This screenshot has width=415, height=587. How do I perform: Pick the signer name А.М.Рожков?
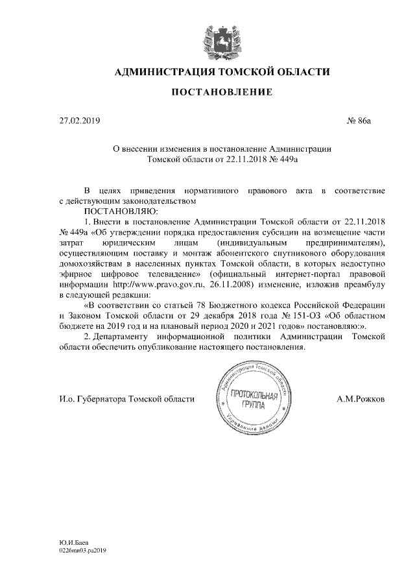[361, 399]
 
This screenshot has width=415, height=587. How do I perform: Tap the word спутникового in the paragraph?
[297, 252]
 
